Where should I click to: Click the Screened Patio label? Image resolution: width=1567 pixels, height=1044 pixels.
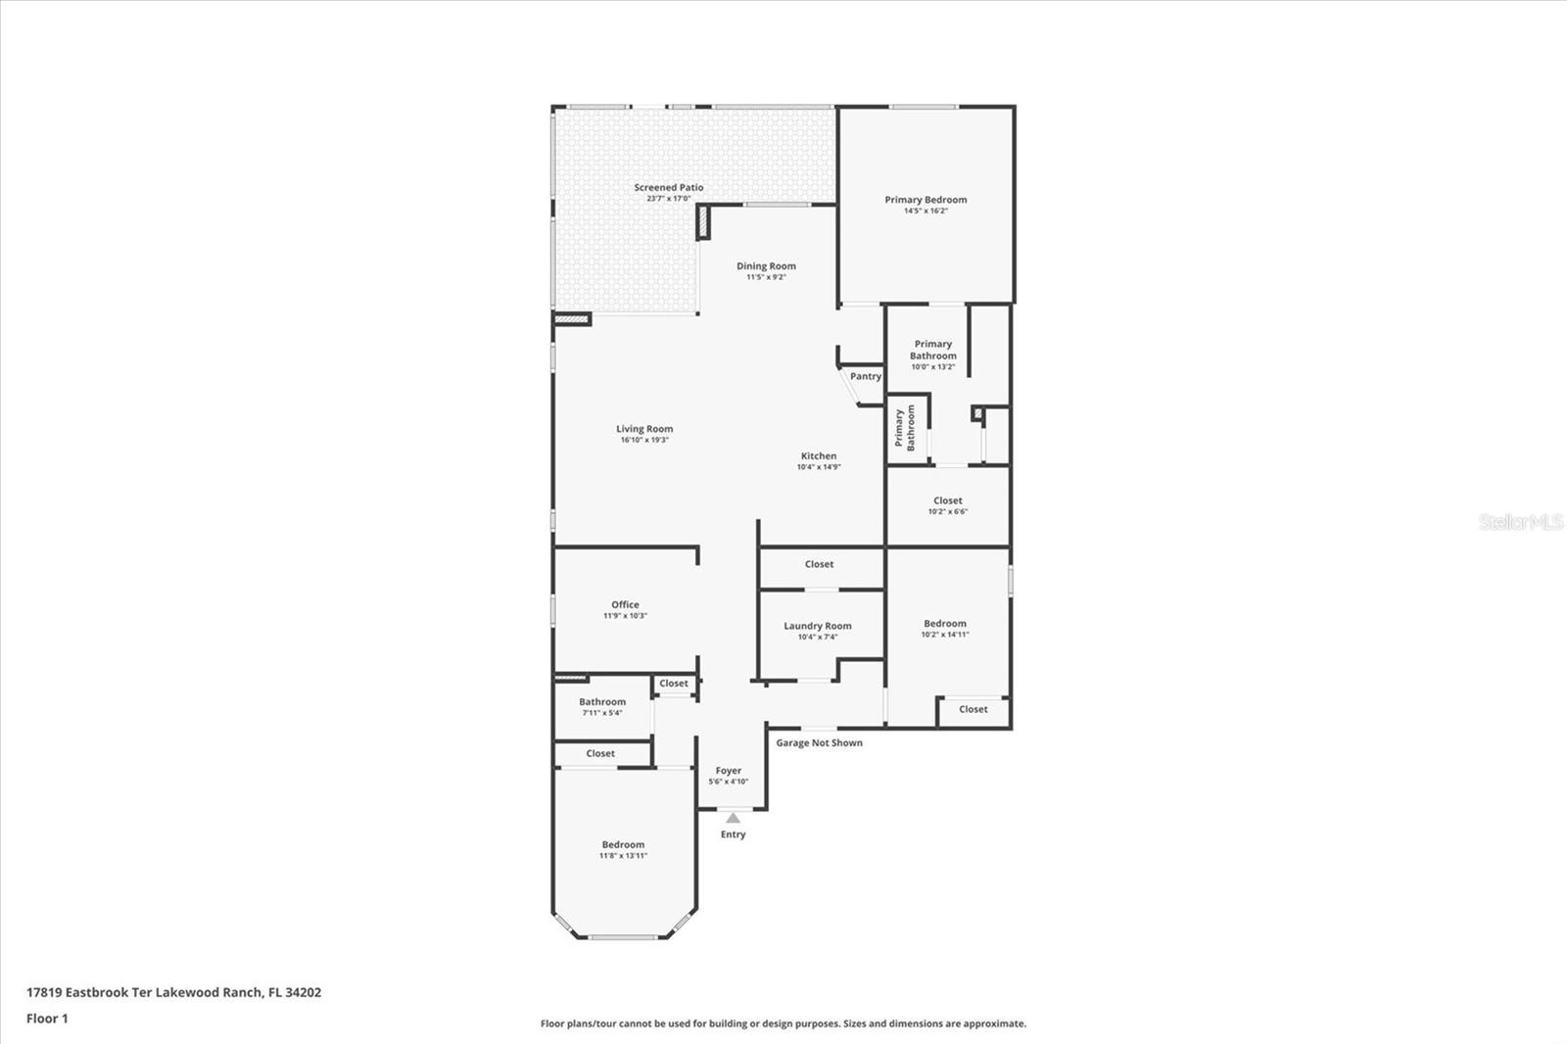click(668, 187)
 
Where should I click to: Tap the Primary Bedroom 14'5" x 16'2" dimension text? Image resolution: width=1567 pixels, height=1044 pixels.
click(926, 211)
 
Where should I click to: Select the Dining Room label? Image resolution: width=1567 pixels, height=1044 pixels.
click(766, 265)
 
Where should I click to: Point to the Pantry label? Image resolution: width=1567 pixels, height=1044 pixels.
click(865, 376)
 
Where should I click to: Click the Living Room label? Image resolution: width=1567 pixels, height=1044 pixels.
click(643, 428)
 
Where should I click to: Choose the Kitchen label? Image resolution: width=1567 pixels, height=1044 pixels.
click(819, 455)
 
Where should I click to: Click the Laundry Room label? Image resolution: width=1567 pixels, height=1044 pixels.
click(817, 626)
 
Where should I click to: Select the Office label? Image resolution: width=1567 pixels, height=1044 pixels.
click(625, 604)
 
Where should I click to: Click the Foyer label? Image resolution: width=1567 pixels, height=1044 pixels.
click(728, 771)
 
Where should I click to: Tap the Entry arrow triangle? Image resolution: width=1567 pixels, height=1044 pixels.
click(733, 818)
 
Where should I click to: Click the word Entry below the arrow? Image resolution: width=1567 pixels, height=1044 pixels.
click(733, 834)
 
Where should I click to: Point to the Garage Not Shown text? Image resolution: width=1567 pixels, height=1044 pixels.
click(819, 742)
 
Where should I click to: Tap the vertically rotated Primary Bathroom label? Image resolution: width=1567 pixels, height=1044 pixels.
click(904, 428)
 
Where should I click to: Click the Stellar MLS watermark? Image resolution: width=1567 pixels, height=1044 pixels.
click(1520, 522)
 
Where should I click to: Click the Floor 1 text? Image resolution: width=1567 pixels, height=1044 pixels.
click(47, 1019)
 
